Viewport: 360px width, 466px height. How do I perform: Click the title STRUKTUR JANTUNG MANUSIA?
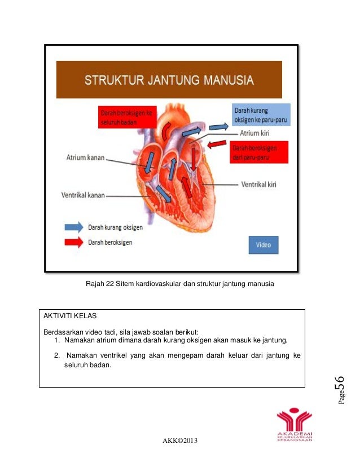[x=169, y=80]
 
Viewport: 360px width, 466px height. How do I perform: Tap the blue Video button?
[x=264, y=245]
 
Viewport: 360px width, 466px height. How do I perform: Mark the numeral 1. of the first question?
[x=58, y=341]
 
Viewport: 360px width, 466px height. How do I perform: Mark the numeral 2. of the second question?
[x=57, y=355]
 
